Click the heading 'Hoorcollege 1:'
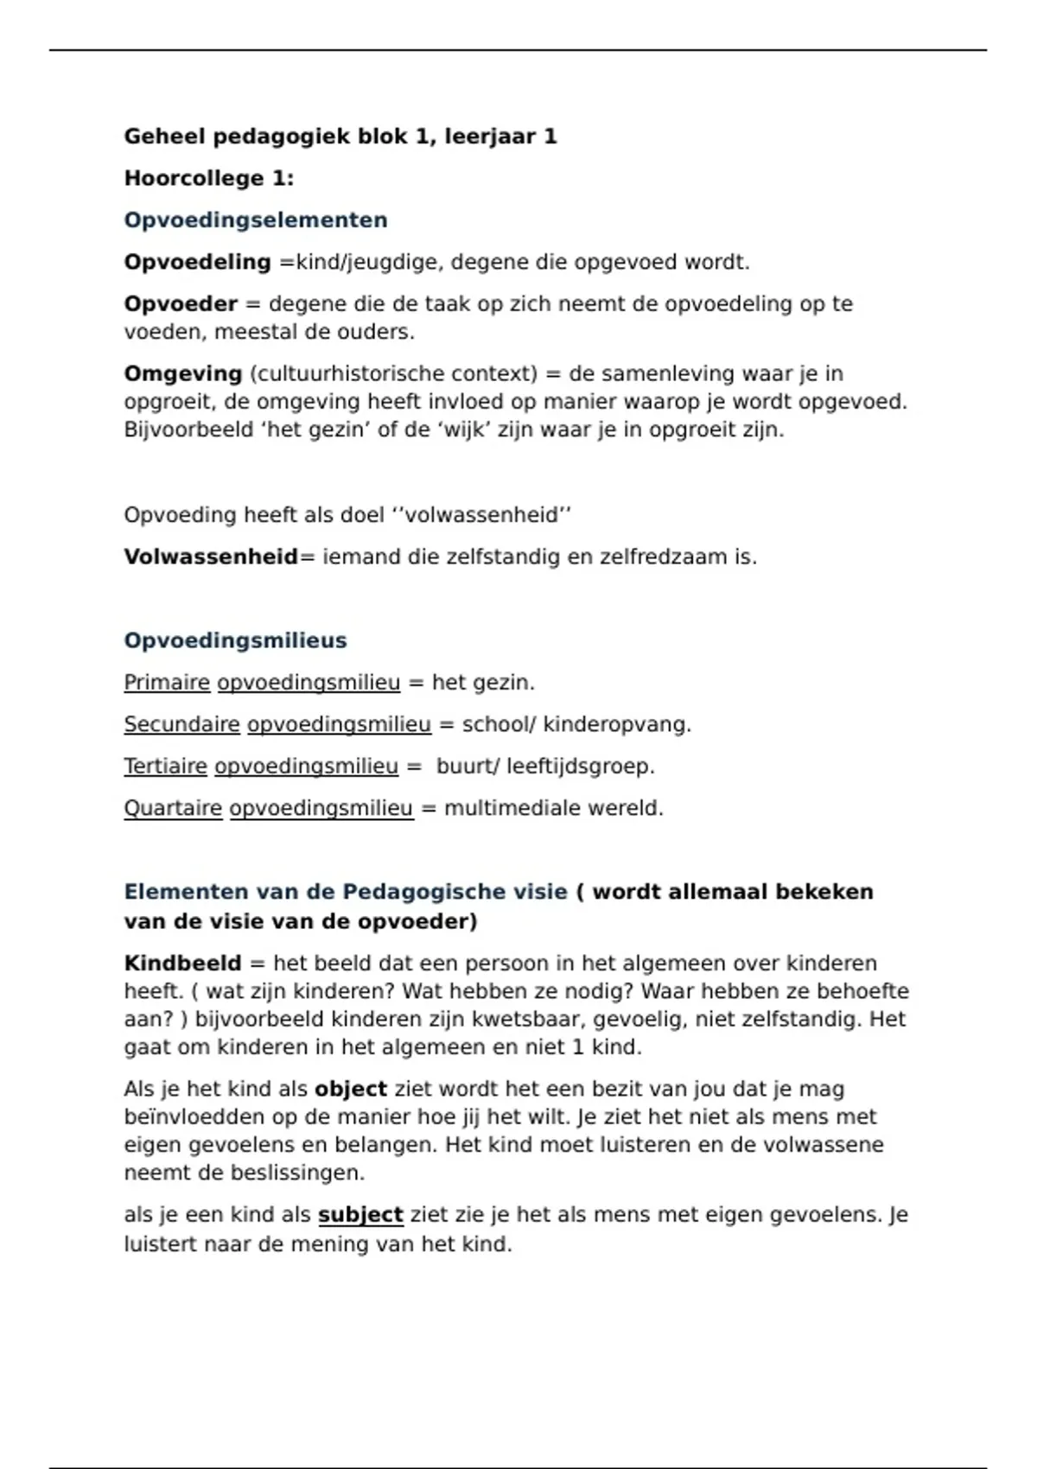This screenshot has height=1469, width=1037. [209, 179]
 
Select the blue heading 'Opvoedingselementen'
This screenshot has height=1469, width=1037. [256, 220]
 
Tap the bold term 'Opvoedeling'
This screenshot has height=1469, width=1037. [197, 262]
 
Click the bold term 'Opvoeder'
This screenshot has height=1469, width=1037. [181, 304]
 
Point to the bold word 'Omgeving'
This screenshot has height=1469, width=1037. [182, 374]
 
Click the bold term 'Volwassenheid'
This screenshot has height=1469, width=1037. [211, 557]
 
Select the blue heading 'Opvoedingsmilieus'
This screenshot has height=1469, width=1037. [235, 641]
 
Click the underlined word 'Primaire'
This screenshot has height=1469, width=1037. [167, 683]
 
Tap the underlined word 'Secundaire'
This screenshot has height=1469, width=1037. [181, 725]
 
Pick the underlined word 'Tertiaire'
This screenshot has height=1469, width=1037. [165, 766]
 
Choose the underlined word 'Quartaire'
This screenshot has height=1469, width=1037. [173, 809]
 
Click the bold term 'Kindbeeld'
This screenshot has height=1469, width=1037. [182, 963]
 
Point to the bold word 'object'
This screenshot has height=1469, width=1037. [350, 1090]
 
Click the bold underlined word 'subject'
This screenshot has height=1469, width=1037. [360, 1215]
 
